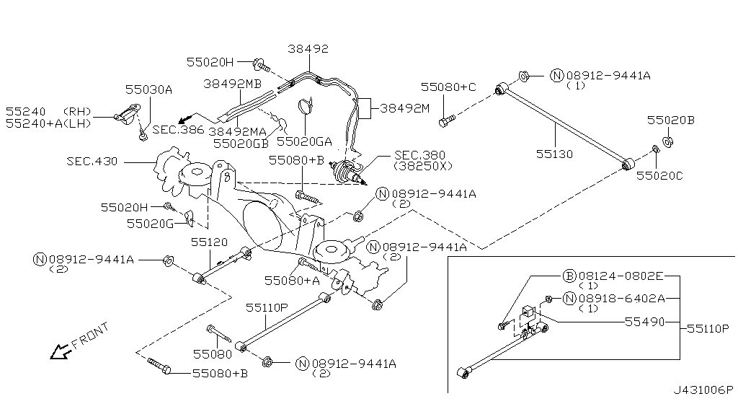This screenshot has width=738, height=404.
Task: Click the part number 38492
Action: pyautogui.click(x=308, y=49)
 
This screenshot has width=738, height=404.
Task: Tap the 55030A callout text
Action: pyautogui.click(x=148, y=89)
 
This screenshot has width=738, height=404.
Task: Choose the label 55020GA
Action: pyautogui.click(x=305, y=142)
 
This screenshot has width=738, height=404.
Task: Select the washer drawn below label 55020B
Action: pyautogui.click(x=667, y=141)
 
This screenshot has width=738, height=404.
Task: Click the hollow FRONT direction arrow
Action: pyautogui.click(x=58, y=351)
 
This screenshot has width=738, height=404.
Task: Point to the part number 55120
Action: pyautogui.click(x=210, y=244)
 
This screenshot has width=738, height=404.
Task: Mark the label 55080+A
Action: pyautogui.click(x=292, y=280)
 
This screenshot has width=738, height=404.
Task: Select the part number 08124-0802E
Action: pyautogui.click(x=623, y=275)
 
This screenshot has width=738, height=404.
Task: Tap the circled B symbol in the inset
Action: pyautogui.click(x=568, y=275)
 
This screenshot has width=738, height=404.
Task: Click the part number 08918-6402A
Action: pyautogui.click(x=623, y=298)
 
